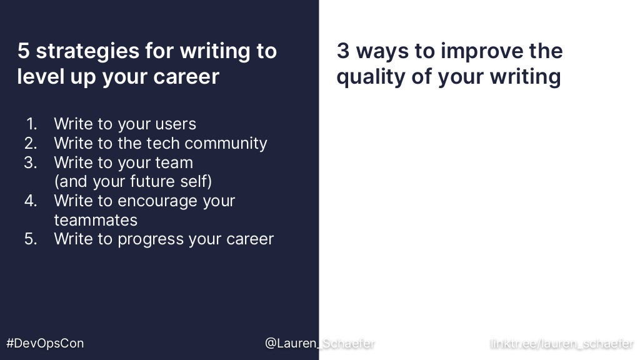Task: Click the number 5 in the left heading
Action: pyautogui.click(x=23, y=51)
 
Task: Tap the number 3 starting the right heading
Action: pyautogui.click(x=342, y=51)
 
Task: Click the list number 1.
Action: pyautogui.click(x=32, y=124)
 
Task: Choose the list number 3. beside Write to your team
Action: pyautogui.click(x=31, y=162)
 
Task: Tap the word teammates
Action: pyautogui.click(x=96, y=220)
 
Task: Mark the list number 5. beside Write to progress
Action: pyautogui.click(x=31, y=239)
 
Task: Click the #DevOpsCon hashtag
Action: pyautogui.click(x=44, y=343)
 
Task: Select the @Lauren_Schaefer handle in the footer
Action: pyautogui.click(x=319, y=343)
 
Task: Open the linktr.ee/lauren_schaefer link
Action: pyautogui.click(x=562, y=343)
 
